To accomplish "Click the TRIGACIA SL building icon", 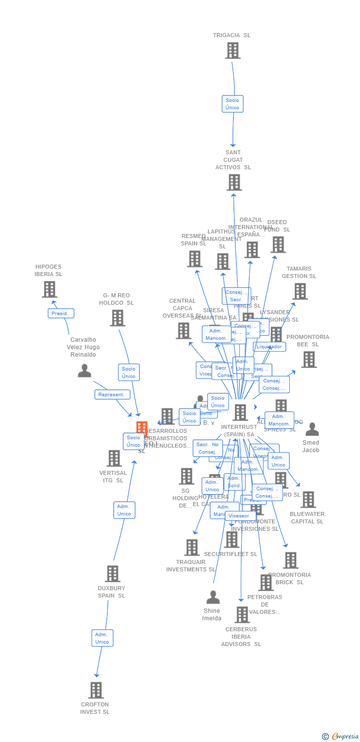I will coord(232,50).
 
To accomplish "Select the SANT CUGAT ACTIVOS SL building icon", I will coord(234,182).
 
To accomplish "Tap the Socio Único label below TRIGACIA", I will coord(232,104).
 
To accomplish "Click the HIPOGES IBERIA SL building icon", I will coord(49,289).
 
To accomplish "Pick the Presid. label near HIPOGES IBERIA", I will coord(61,313).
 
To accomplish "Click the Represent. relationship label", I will coord(112,394).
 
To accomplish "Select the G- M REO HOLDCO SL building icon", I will coord(117,318).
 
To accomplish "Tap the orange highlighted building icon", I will coord(142,429).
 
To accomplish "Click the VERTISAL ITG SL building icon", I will coord(114,458).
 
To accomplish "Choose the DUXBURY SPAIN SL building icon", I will coord(112,574).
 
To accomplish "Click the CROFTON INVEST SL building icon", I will coord(96,690).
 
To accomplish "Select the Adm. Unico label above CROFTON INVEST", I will coord(102,638).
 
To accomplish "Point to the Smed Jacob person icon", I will coord(312,429).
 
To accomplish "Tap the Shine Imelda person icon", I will coord(213,598).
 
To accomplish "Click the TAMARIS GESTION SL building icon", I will coord(300,291).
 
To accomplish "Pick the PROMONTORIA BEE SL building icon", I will coord(309,360).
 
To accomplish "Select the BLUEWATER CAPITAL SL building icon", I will coord(308,500).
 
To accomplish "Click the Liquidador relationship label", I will coord(270,347).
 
